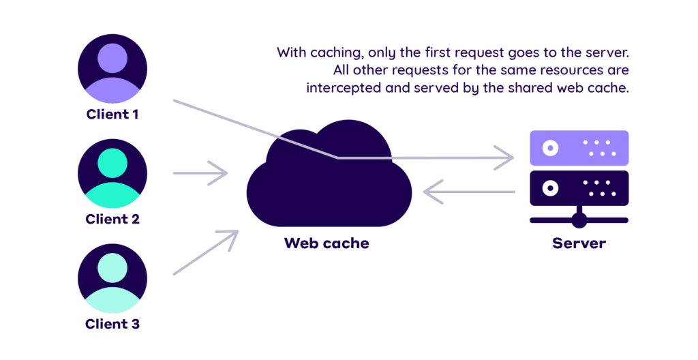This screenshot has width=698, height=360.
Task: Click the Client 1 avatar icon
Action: tap(112, 69)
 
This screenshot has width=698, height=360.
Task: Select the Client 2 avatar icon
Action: tap(112, 173)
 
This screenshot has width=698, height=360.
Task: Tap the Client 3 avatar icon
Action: tap(112, 277)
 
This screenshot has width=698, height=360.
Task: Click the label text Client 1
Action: tap(112, 115)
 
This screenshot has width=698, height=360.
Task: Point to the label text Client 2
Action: tap(112, 219)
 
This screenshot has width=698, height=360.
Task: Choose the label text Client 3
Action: tap(112, 324)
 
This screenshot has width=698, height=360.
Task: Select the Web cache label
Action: tap(327, 243)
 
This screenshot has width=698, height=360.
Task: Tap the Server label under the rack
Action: tap(579, 243)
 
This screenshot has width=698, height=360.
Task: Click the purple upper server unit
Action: tap(579, 148)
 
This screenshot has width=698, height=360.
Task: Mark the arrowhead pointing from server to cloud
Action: tap(430, 192)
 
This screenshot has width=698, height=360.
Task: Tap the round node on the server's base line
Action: tap(579, 220)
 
